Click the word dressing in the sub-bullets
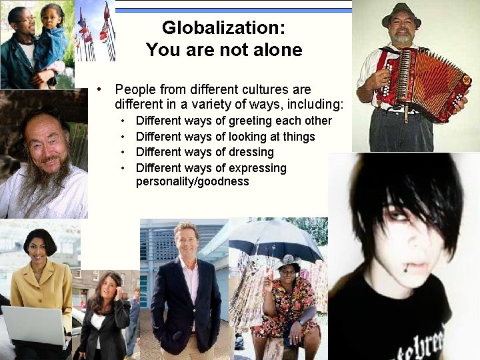(x=251, y=152)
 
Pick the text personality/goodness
(x=192, y=181)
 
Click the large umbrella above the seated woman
(x=275, y=240)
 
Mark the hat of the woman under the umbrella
(x=289, y=262)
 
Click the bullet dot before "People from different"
(x=99, y=89)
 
